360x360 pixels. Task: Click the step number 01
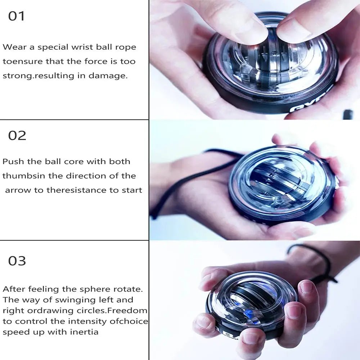click(17, 17)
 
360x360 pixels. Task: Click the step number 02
click(17, 136)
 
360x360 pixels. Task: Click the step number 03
click(17, 261)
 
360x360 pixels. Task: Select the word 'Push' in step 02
click(12, 161)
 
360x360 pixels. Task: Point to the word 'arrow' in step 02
click(18, 190)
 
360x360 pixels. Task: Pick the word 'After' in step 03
click(14, 289)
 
